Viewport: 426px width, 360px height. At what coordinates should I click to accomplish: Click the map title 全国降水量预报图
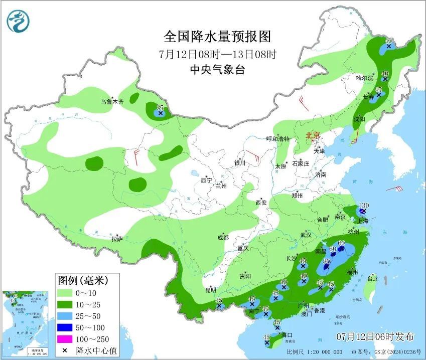tap(217, 37)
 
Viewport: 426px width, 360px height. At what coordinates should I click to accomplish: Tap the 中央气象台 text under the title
tap(217, 70)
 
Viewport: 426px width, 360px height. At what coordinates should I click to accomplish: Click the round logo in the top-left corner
tap(19, 21)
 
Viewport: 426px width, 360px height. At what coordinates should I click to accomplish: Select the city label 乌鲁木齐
tap(111, 101)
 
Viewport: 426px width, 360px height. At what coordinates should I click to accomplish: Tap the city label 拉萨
tap(117, 238)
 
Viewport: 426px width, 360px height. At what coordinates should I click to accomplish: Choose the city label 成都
tap(223, 238)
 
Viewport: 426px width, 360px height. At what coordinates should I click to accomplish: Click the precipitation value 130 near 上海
tap(364, 206)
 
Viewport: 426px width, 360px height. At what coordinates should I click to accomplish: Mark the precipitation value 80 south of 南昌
tap(326, 261)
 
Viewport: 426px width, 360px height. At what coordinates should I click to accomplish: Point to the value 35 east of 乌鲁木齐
tap(160, 108)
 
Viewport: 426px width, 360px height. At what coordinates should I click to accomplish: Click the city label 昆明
tap(210, 289)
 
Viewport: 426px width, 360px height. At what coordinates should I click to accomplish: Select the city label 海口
tap(287, 334)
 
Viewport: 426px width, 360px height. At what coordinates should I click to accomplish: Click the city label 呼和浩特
tap(277, 139)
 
